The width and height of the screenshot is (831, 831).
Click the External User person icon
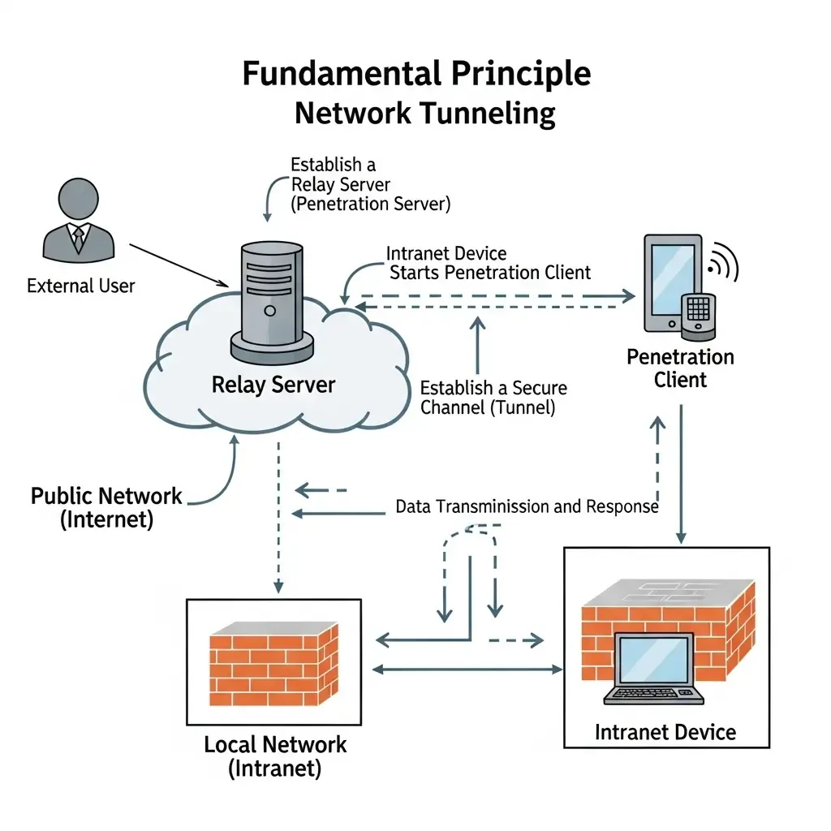79,221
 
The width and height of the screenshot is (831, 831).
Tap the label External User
81,286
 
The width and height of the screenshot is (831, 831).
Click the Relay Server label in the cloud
273,385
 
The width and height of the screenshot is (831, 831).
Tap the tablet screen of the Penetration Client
673,280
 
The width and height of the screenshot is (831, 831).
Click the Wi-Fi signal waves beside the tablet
725,262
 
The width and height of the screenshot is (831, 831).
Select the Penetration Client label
681,368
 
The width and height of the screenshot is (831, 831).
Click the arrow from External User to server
179,265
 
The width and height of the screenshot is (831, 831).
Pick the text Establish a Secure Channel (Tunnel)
493,398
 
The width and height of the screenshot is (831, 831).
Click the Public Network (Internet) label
106,508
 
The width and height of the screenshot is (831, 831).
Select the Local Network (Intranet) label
275,756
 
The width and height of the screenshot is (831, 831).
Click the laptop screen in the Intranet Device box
655,661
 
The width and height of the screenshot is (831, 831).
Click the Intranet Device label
665,733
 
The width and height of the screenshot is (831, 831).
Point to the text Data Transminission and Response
527,506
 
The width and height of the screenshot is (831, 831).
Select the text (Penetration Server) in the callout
370,204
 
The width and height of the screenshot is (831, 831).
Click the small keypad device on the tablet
699,316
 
